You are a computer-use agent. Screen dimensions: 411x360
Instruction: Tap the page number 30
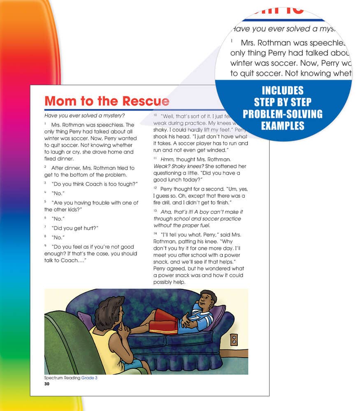point(46,384)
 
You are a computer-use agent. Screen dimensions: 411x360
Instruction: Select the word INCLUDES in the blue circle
point(283,90)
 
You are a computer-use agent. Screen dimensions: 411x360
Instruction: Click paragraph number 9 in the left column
point(46,246)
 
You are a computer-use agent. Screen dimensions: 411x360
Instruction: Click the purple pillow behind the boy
point(217,316)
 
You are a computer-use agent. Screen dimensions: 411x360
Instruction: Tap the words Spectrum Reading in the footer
point(62,378)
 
